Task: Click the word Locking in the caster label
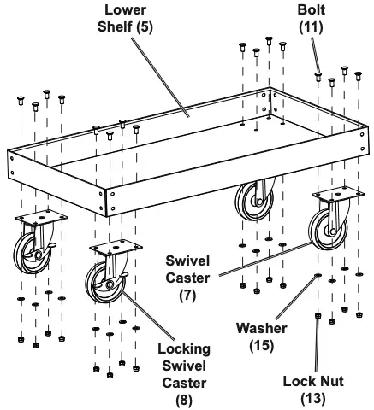pos(182,349)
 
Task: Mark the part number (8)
pos(183,398)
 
